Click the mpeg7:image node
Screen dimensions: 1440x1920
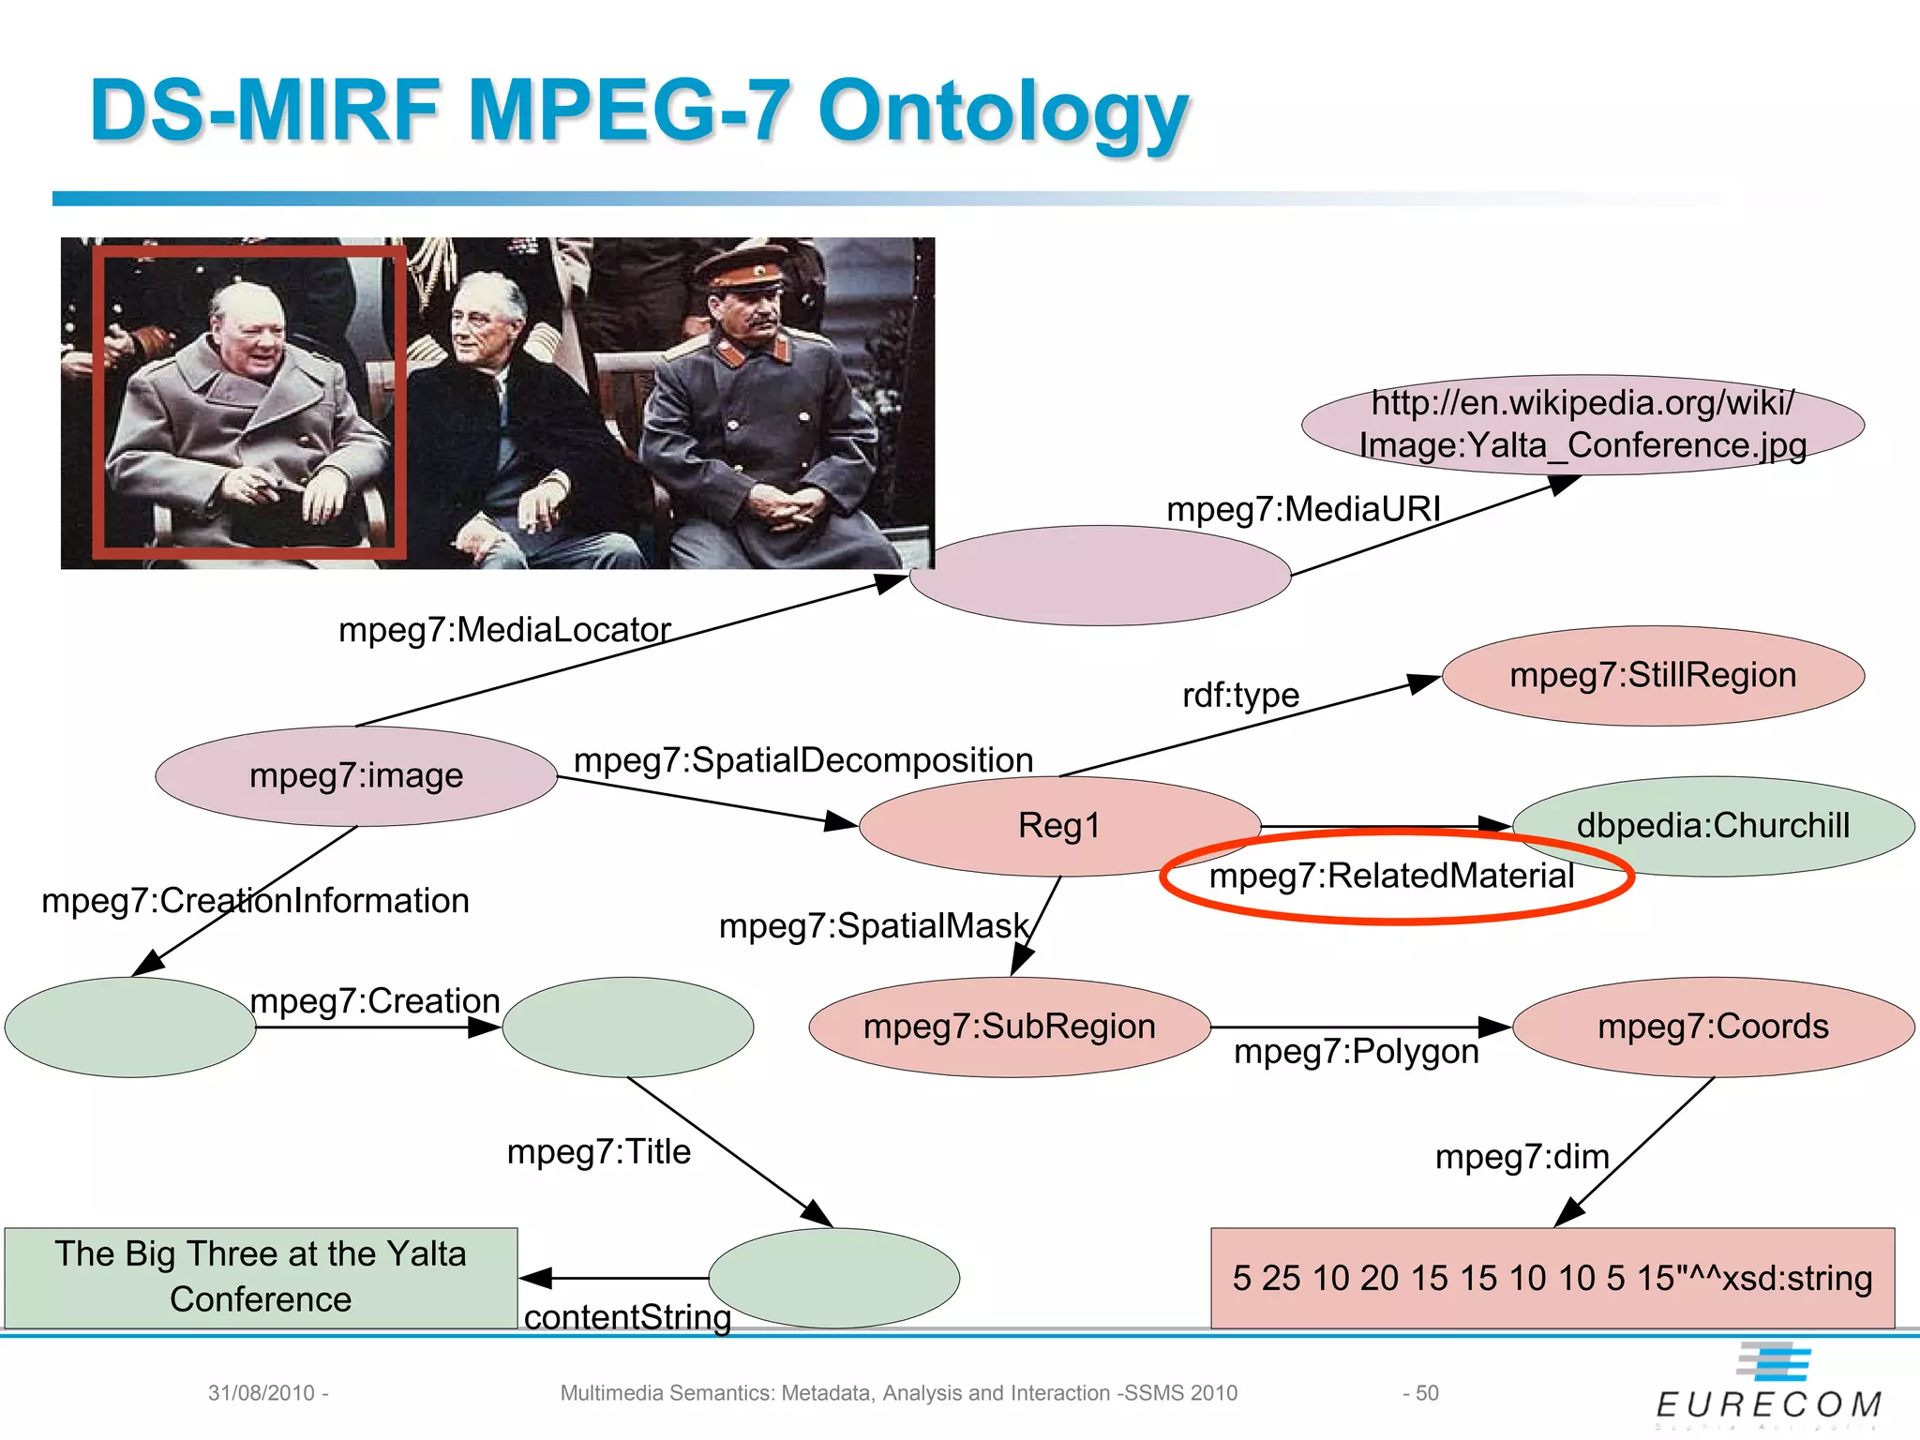(x=356, y=776)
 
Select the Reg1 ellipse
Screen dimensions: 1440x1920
(x=1059, y=826)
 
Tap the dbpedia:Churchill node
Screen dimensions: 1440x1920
(x=1714, y=826)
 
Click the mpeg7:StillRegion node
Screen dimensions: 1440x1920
(x=1653, y=676)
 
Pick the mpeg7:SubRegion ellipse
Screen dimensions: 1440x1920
(x=1010, y=1027)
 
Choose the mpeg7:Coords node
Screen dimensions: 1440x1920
(x=1714, y=1027)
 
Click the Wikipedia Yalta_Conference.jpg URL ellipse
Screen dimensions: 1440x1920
(x=1582, y=425)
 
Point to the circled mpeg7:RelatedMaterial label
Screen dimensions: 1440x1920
(x=1392, y=877)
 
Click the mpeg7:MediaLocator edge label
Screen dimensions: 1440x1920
(x=504, y=630)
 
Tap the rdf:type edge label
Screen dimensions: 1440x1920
(x=1240, y=696)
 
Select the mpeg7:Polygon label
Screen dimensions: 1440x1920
(x=1356, y=1052)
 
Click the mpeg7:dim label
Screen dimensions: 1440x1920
(x=1522, y=1157)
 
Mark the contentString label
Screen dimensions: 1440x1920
(x=627, y=1317)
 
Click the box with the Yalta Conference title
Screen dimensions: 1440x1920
(x=261, y=1277)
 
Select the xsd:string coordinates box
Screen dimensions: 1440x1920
(x=1552, y=1278)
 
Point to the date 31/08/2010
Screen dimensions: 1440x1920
(x=262, y=1393)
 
